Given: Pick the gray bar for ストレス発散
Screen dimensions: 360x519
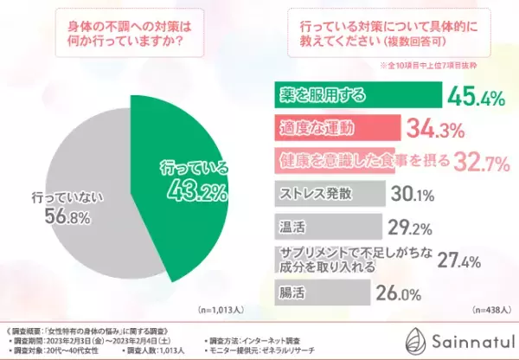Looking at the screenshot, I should tap(320, 191).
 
